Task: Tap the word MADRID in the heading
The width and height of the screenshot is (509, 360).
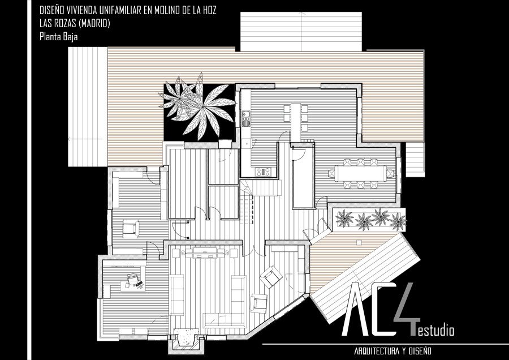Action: (94, 23)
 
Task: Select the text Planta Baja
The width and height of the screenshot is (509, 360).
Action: (58, 36)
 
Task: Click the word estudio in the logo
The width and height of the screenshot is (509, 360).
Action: (435, 331)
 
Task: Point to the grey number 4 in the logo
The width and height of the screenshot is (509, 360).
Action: (406, 308)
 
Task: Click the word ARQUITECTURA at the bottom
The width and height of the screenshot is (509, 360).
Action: (377, 351)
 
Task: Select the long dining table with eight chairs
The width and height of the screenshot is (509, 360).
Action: (361, 174)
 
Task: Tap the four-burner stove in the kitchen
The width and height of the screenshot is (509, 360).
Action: (263, 172)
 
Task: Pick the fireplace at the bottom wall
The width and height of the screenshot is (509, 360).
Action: (186, 340)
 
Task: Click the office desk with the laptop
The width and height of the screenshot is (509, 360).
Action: (133, 281)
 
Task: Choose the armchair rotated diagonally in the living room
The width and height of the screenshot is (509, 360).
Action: (271, 277)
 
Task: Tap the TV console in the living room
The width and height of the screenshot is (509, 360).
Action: (205, 252)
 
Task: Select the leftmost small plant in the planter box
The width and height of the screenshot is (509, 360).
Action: (344, 218)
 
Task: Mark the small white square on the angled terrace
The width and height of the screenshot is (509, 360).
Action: (359, 242)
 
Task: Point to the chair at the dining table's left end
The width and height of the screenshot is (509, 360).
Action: (331, 174)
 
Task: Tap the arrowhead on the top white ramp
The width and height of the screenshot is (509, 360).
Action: (303, 14)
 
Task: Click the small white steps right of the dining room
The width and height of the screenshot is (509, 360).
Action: (415, 160)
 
